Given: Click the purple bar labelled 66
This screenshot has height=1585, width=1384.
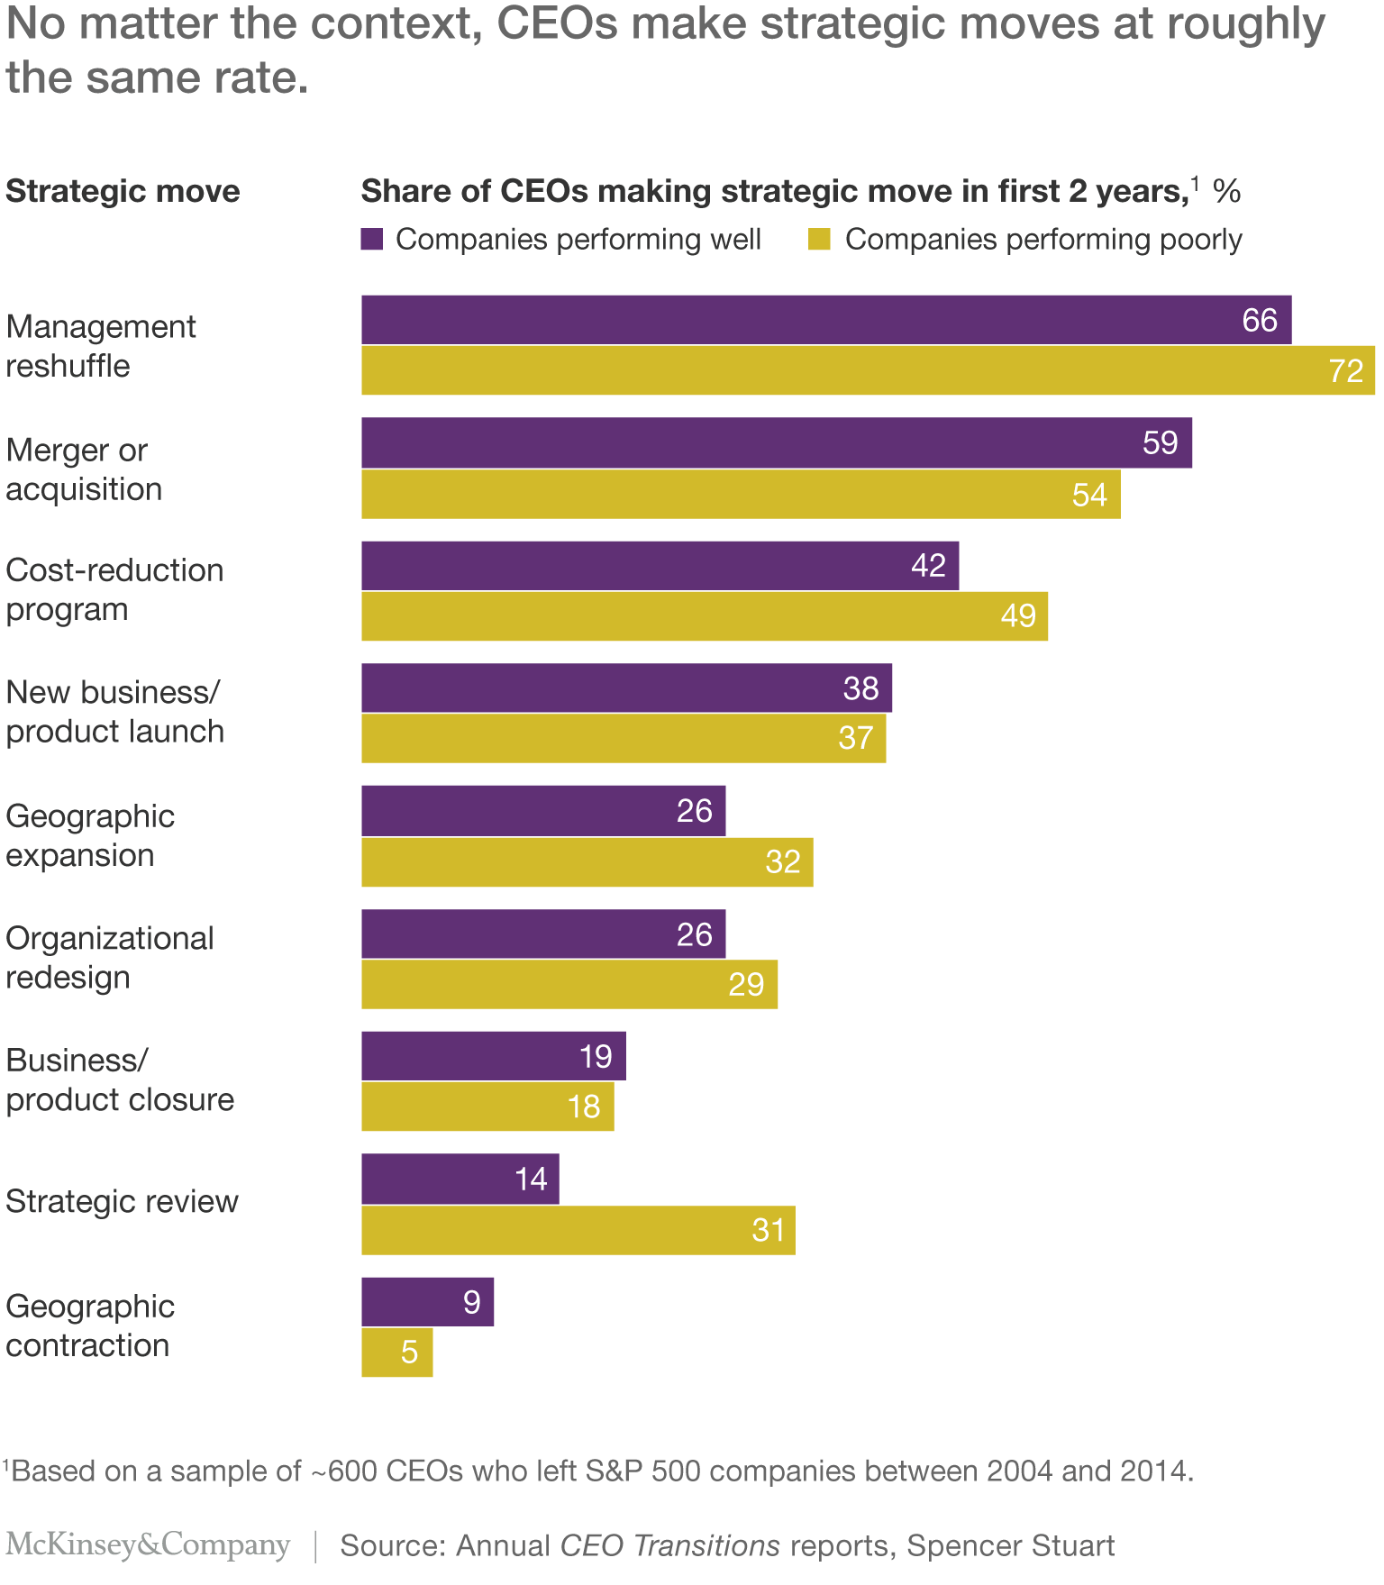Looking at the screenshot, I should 825,320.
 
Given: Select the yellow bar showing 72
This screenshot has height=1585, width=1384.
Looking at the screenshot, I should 867,370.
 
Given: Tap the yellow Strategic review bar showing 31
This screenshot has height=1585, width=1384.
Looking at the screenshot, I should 578,1230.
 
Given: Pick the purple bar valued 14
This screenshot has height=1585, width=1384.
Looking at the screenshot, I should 460,1179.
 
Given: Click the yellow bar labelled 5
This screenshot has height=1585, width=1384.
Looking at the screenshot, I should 396,1352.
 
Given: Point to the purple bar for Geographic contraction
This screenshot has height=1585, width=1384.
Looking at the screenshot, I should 427,1301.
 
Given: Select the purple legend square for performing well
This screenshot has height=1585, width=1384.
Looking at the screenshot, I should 372,239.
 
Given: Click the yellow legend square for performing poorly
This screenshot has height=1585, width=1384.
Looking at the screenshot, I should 819,239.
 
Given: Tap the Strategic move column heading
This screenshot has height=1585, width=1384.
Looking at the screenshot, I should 123,191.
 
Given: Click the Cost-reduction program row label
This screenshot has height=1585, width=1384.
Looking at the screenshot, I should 114,589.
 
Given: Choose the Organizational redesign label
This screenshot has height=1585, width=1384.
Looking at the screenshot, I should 109,957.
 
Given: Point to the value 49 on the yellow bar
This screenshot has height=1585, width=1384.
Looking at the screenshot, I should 1018,616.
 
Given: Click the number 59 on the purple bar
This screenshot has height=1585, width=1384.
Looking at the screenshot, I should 1160,442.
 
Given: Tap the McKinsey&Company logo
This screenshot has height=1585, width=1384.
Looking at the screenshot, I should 148,1544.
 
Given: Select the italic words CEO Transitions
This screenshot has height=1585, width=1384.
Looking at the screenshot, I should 669,1545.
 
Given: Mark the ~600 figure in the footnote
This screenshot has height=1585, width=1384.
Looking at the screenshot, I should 343,1471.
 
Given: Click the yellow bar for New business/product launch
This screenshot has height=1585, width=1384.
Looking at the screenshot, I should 623,738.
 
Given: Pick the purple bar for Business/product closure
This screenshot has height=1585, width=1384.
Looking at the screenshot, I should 493,1056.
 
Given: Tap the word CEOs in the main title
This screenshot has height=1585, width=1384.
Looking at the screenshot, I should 557,23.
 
